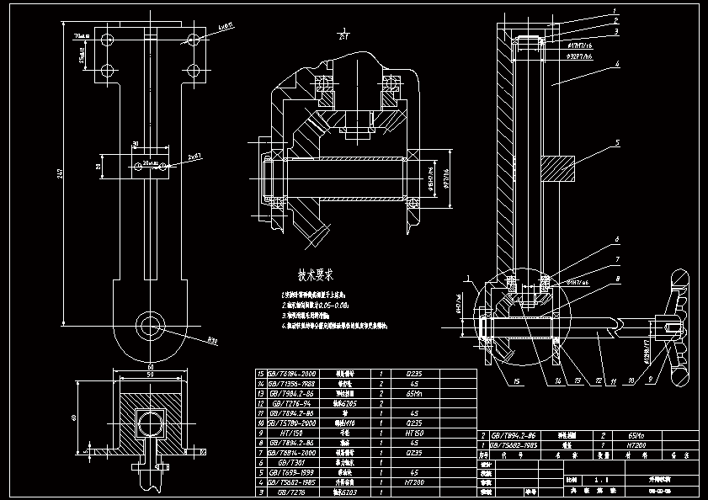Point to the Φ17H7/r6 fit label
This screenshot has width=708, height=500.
point(575,45)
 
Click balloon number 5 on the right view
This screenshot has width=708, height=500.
point(616,143)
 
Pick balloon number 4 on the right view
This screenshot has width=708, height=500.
point(616,63)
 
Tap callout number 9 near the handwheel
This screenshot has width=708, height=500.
point(650,380)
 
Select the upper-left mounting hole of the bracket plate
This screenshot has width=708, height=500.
point(106,40)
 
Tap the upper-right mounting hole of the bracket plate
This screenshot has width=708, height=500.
point(193,40)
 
